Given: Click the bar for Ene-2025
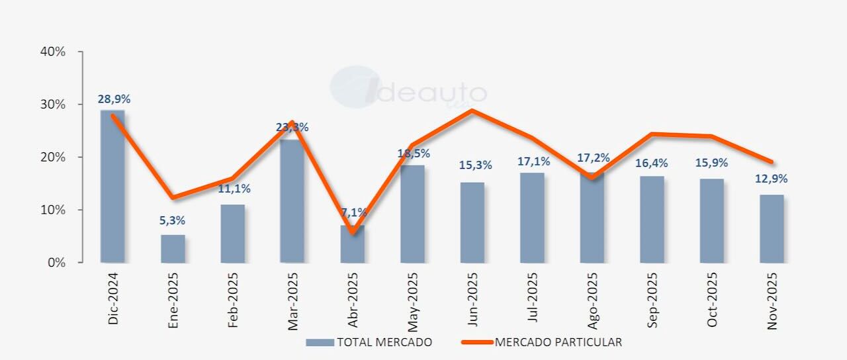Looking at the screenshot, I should coord(173,249).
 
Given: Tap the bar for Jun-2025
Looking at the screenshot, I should coord(472,222).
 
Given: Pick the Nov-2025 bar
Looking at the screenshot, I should coord(772,228).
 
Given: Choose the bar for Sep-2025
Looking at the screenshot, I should coord(652,219).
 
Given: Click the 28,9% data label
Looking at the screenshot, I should coord(114,99).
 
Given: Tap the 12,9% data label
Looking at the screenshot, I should coord(771,179).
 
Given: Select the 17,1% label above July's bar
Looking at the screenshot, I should coord(532,161).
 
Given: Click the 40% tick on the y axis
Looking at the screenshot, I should coord(54,52).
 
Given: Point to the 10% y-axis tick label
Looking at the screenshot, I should coord(54,210).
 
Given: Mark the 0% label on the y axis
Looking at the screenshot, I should coord(56,263).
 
